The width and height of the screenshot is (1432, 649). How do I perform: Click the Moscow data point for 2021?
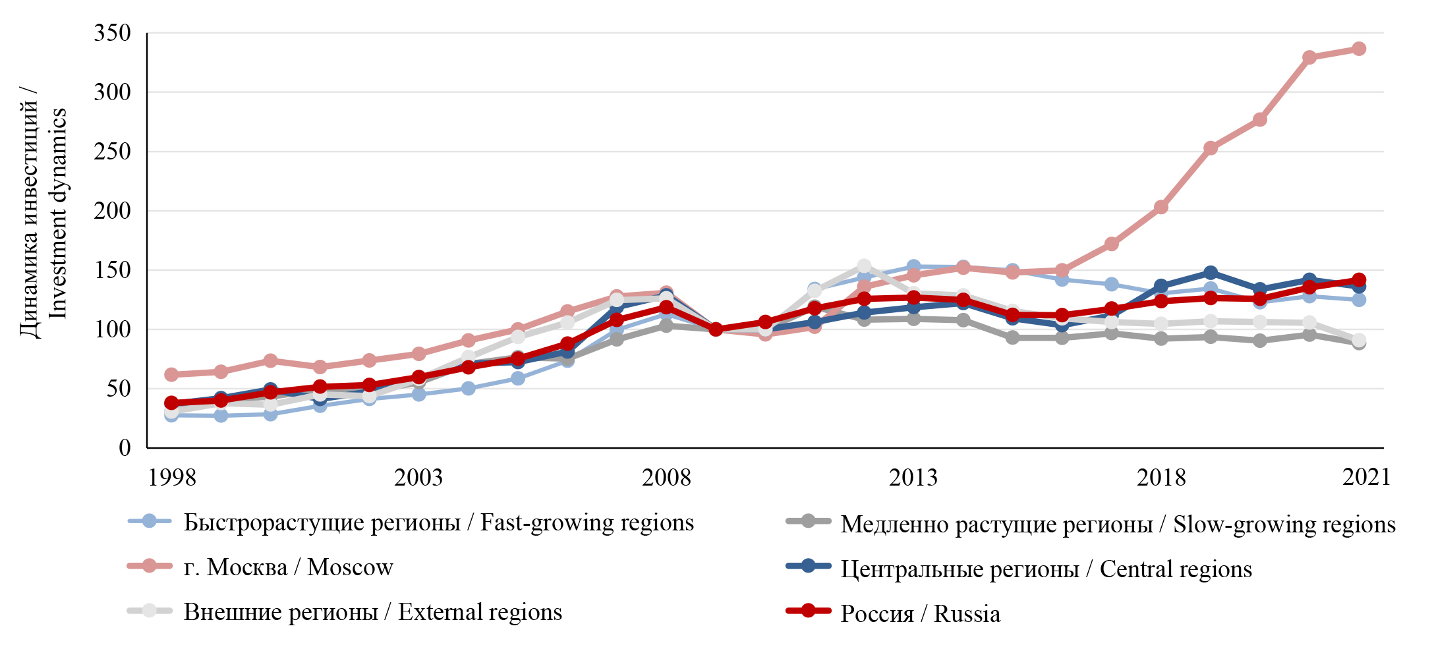[1358, 49]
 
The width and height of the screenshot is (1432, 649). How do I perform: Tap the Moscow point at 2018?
[1160, 208]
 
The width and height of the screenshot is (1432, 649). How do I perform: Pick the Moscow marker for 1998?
[171, 374]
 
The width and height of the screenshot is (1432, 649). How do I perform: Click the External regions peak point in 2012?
[864, 266]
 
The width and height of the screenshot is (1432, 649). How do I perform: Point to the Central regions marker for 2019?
[1210, 273]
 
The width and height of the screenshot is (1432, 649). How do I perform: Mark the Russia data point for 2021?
[1358, 280]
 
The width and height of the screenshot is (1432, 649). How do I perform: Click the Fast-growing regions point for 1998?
[171, 414]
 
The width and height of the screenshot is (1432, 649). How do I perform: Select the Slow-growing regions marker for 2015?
[1012, 337]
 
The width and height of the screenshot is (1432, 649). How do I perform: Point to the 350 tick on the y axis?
[112, 33]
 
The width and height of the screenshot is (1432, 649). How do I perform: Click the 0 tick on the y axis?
[125, 448]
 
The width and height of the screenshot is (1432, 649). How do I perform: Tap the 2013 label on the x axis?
[913, 478]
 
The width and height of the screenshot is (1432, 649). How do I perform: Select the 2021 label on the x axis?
[1366, 477]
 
